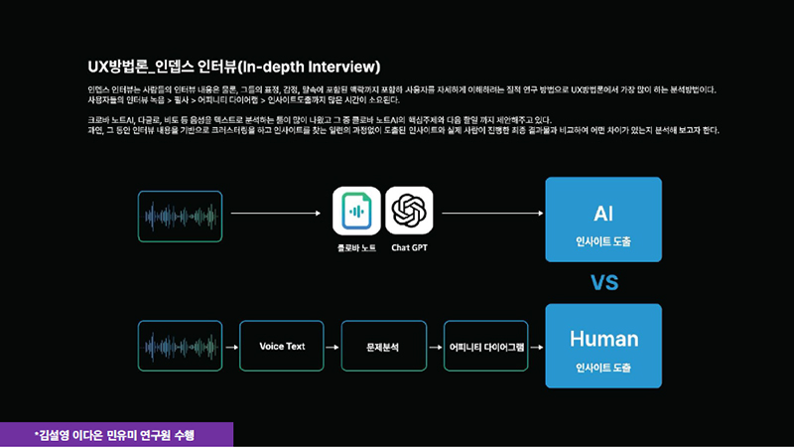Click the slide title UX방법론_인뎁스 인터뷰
click(234, 68)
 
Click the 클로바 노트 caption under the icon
click(356, 246)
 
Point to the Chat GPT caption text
click(409, 246)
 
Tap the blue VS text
click(604, 283)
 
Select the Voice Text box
click(282, 347)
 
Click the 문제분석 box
click(382, 347)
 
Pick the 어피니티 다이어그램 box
click(485, 347)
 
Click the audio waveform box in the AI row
click(180, 214)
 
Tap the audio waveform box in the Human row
click(180, 348)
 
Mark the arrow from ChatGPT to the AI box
click(492, 213)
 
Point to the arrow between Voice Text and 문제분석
click(332, 348)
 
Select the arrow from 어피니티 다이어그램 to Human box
click(537, 348)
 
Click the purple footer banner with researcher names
click(116, 434)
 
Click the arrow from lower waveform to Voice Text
click(230, 348)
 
